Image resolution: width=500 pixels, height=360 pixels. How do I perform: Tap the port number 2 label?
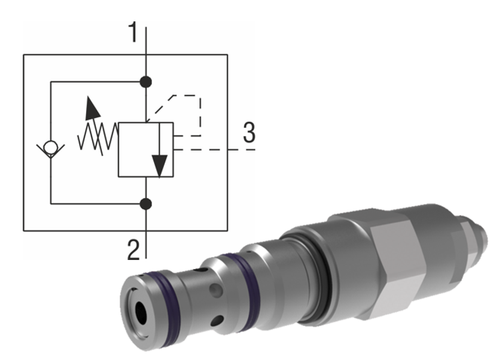tap(134, 249)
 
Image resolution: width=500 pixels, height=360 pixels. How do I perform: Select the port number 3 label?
tap(249, 133)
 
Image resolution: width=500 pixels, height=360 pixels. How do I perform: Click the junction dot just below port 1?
tap(146, 82)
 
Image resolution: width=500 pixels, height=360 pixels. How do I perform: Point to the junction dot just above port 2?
tap(146, 203)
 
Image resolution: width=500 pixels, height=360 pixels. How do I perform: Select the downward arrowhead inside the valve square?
tap(159, 165)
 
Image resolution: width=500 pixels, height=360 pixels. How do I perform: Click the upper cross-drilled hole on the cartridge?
tap(214, 293)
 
